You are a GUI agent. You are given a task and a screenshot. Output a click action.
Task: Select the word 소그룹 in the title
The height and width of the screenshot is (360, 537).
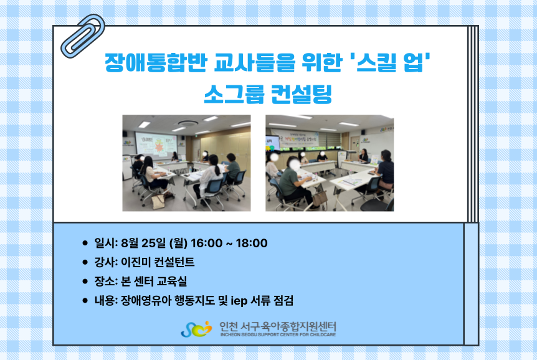pos(234,93)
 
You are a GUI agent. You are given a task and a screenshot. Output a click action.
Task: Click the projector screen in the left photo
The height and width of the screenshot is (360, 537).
pos(156,145)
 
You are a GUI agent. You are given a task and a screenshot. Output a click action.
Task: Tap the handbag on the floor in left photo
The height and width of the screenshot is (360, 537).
pos(158,201)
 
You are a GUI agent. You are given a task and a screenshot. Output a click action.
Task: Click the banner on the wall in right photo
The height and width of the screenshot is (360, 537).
pos(295,138)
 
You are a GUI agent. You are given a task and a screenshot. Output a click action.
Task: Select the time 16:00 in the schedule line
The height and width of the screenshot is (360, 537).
pos(206,243)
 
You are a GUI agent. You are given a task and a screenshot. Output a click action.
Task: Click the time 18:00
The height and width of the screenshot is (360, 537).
pos(252,243)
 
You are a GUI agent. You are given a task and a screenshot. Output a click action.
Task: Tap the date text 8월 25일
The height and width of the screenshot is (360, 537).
pos(143,243)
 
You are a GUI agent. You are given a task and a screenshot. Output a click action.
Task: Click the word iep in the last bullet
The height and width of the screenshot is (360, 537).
pos(239,301)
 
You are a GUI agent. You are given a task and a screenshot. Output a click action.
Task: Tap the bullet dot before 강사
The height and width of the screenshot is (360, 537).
pos(85,262)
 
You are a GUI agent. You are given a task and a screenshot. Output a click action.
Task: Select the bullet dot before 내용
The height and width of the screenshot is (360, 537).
pos(85,301)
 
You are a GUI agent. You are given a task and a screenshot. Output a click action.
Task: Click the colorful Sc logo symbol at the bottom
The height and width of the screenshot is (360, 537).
pos(197,329)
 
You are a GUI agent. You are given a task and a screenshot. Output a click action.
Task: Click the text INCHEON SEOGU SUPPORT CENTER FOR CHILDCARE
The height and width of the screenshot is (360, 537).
pos(278,334)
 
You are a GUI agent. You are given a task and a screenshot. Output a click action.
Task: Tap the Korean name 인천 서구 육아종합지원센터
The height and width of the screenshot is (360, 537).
pos(278,326)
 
